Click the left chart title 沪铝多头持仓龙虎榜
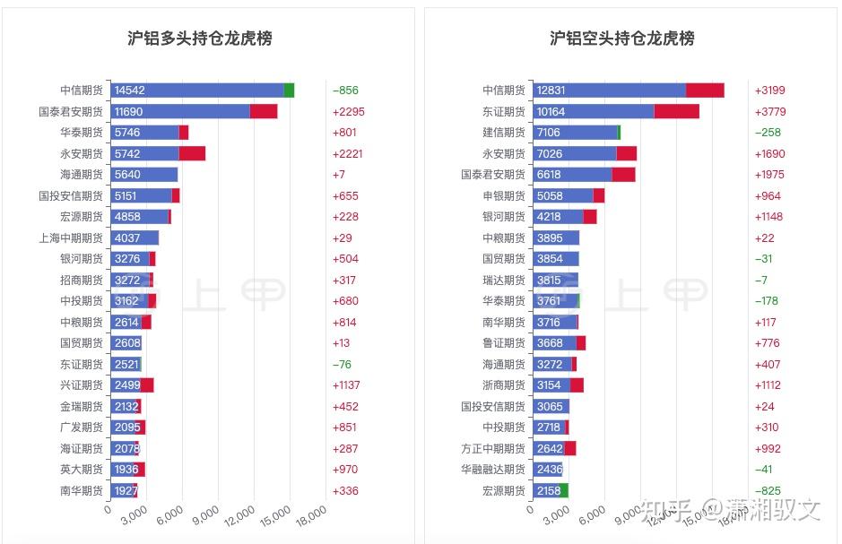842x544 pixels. (200, 39)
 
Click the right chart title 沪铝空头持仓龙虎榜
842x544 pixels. (621, 39)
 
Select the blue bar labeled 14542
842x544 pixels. (197, 91)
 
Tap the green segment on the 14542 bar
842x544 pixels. (289, 91)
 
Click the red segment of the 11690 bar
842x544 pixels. (264, 111)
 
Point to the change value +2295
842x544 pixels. (348, 112)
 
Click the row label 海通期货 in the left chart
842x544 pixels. (81, 175)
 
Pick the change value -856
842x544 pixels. (345, 91)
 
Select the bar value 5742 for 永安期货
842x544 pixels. (128, 154)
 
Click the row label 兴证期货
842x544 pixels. (81, 385)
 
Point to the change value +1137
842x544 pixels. (348, 385)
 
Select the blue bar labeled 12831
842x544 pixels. (610, 91)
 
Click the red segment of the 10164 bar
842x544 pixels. (676, 111)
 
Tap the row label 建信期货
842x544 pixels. (503, 133)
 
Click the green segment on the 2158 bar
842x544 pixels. (564, 490)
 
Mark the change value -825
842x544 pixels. (768, 490)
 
